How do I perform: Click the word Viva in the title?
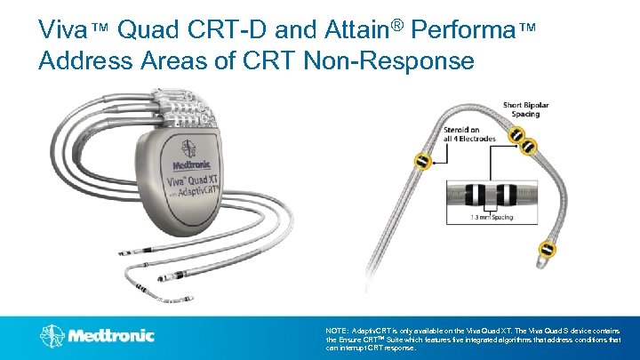(61, 30)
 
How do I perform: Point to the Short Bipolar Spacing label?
(526, 110)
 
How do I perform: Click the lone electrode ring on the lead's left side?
(423, 162)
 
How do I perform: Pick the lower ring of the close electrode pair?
(527, 144)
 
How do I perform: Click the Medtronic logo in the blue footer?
(97, 336)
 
